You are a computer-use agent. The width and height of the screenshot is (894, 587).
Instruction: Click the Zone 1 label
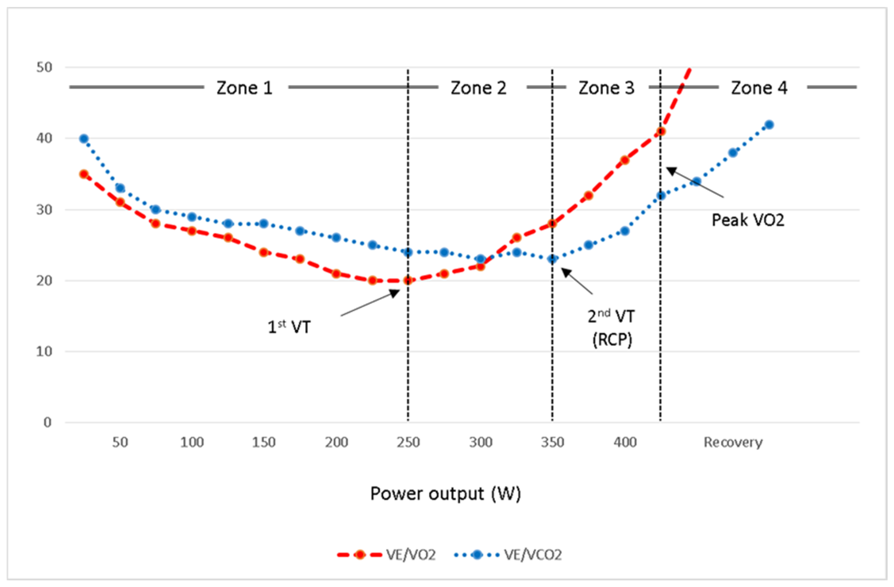(244, 88)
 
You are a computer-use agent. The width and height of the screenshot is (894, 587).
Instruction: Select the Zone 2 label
(478, 88)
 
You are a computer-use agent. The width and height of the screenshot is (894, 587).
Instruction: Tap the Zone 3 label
(606, 88)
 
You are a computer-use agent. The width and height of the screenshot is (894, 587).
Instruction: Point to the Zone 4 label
(759, 88)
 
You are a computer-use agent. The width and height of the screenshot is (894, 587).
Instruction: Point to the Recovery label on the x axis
(733, 442)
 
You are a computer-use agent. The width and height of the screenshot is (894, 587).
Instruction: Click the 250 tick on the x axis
(408, 442)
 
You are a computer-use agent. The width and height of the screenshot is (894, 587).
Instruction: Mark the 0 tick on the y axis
(47, 422)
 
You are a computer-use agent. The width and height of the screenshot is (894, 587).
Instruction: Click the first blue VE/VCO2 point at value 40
(84, 138)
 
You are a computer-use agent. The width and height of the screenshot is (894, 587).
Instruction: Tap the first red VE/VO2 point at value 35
(84, 174)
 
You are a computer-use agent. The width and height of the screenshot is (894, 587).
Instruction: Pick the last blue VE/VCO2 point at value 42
(769, 125)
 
